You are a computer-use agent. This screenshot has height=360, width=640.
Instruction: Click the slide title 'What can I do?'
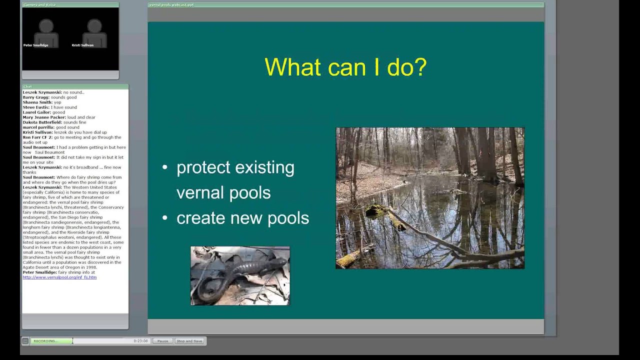(345, 67)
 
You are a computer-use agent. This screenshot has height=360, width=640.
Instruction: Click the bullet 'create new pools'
(242, 218)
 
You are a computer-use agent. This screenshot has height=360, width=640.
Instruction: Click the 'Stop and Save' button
(189, 341)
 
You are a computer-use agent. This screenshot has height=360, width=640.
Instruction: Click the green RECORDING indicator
(50, 341)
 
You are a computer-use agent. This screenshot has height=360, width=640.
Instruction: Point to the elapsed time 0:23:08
(140, 341)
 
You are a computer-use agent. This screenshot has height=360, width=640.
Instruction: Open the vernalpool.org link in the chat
(59, 277)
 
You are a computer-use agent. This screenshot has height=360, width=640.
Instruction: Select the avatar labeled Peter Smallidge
(46, 33)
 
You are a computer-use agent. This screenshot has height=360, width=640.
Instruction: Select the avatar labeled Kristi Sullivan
(94, 33)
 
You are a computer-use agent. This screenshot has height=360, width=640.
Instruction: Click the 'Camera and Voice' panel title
(40, 4)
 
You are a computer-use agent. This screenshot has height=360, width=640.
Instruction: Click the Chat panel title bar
(75, 86)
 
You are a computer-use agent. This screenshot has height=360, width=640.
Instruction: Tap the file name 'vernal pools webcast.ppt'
(171, 4)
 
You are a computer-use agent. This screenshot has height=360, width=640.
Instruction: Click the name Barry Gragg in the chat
(35, 97)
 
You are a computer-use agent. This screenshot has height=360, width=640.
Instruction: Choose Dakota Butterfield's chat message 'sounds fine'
(74, 122)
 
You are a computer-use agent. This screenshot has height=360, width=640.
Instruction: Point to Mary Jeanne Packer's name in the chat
(45, 117)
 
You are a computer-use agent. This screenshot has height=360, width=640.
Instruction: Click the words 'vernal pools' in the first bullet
(223, 193)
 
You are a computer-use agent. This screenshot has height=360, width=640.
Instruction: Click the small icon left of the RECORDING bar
(25, 341)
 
